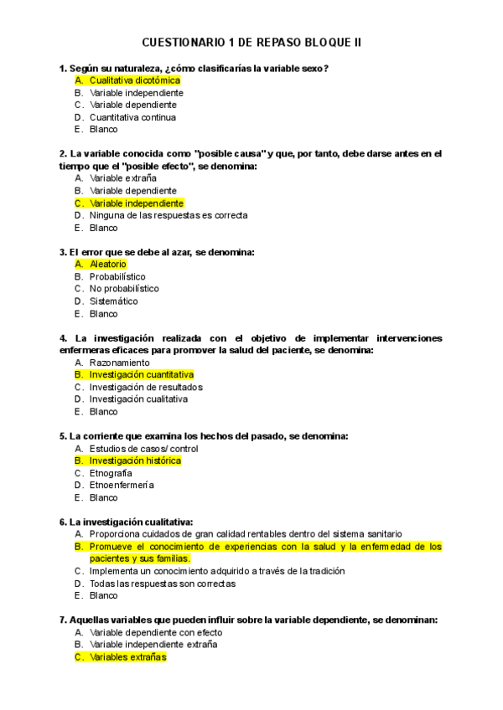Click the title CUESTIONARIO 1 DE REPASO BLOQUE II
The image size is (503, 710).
click(x=251, y=42)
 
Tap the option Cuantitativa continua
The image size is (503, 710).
click(x=132, y=117)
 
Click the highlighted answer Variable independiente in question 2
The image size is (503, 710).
click(x=136, y=203)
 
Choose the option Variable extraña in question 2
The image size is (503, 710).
click(x=122, y=178)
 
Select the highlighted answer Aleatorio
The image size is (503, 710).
click(x=107, y=265)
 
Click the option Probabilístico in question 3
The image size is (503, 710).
click(x=117, y=276)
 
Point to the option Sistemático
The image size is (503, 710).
click(x=114, y=301)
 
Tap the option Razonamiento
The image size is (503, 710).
click(x=120, y=363)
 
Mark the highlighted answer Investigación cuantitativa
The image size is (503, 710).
click(x=141, y=375)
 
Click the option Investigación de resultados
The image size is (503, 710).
click(x=146, y=388)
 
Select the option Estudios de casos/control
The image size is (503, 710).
click(x=143, y=449)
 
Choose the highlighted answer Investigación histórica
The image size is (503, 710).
click(x=135, y=460)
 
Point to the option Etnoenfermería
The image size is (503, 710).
click(x=122, y=485)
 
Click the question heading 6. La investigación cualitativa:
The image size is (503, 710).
click(x=127, y=522)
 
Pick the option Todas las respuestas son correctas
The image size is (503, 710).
click(x=162, y=584)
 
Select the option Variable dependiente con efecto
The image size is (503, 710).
click(x=155, y=633)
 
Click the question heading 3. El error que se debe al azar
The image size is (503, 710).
click(x=157, y=252)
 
